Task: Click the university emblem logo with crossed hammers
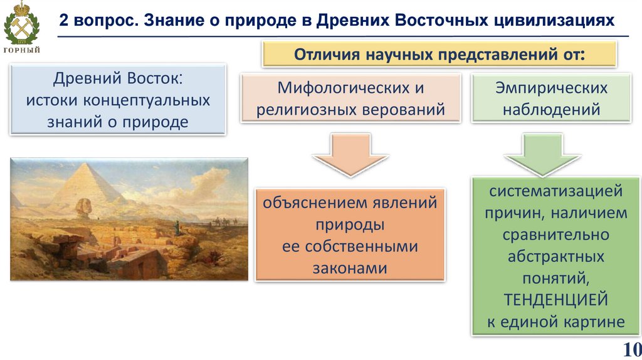pos(21,23)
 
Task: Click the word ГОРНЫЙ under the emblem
pos(22,50)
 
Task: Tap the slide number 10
pos(632,349)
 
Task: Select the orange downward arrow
pos(350,154)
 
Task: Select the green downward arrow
pos(542,154)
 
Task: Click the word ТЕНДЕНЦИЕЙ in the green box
pos(555,300)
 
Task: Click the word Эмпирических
pos(551,88)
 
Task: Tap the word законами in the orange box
pos(350,268)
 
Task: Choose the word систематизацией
pos(555,191)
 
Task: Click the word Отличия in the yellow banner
pos(327,54)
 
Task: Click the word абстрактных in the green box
pos(555,257)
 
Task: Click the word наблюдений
pos(551,110)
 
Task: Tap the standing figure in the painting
pos(177,227)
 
